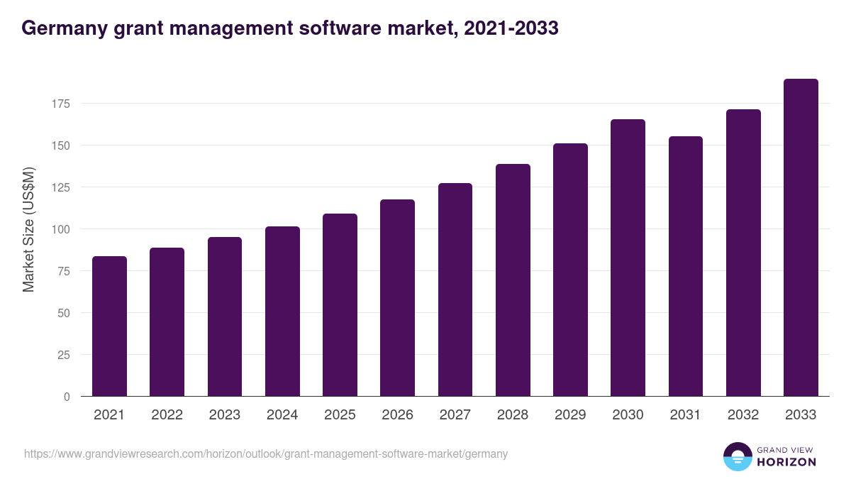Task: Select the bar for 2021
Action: click(x=109, y=326)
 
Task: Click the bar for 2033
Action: click(x=801, y=238)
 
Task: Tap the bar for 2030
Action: click(x=628, y=258)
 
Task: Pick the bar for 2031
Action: click(x=685, y=266)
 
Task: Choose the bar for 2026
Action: click(x=397, y=298)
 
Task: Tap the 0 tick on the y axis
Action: click(x=67, y=397)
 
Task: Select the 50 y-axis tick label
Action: click(x=64, y=313)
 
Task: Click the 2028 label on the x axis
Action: click(x=513, y=415)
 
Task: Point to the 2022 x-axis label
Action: click(x=167, y=415)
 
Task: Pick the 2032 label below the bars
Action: click(x=743, y=415)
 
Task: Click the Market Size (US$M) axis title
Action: click(x=28, y=229)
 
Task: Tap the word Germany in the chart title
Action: click(x=62, y=28)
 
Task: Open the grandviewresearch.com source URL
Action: click(x=266, y=453)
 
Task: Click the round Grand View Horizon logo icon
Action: click(x=738, y=456)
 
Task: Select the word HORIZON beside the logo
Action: click(x=786, y=462)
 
